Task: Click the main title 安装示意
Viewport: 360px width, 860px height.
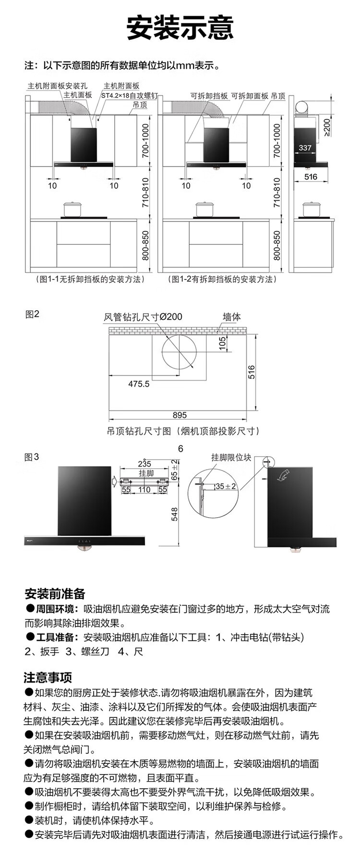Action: click(180, 28)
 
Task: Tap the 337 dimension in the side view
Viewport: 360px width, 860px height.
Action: click(305, 148)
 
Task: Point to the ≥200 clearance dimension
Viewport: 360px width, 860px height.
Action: click(326, 127)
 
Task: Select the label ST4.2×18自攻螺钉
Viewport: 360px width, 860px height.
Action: click(129, 95)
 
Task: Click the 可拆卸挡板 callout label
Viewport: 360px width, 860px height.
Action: click(209, 96)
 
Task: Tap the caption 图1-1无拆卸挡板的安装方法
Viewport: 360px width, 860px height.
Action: click(90, 279)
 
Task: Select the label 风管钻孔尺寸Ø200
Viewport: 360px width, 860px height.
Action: click(143, 317)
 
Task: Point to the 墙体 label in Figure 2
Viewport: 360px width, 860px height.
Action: click(231, 317)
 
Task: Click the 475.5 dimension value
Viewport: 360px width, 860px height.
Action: click(139, 384)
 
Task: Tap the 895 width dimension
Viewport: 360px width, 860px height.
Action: click(180, 415)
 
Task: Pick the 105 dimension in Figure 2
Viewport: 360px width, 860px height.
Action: click(222, 344)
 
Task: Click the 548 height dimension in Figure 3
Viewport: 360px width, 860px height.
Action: click(174, 514)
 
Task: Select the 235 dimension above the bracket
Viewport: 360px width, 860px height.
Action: click(144, 464)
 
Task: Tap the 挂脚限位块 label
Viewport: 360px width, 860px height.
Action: click(231, 458)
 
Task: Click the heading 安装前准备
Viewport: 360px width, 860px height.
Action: click(55, 594)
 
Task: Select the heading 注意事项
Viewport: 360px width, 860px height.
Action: click(48, 678)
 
